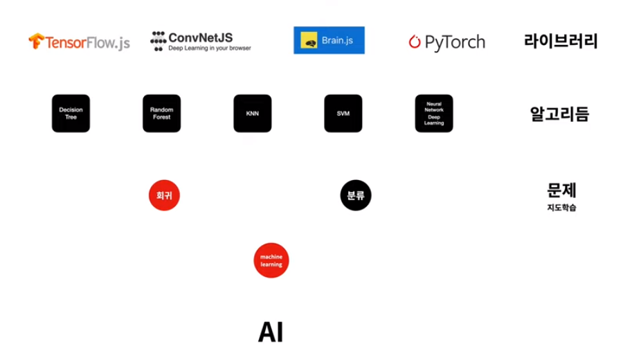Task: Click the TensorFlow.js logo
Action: (x=79, y=42)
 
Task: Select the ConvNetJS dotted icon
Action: (x=158, y=41)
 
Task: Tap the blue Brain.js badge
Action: (x=329, y=41)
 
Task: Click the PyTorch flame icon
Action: (x=415, y=42)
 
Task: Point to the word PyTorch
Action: (x=455, y=42)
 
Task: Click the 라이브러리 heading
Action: (x=561, y=41)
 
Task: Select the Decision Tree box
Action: (x=71, y=114)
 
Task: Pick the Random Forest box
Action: (x=161, y=114)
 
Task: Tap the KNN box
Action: (x=252, y=114)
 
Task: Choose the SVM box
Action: (x=343, y=114)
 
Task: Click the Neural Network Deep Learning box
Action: (x=434, y=114)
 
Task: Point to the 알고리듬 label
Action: (x=559, y=114)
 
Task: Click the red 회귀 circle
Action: (x=164, y=195)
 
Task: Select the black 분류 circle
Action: (x=356, y=195)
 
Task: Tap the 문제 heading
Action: (x=561, y=190)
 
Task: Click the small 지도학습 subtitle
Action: (x=561, y=207)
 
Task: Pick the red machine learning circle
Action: (x=271, y=260)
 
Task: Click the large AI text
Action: (x=271, y=332)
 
